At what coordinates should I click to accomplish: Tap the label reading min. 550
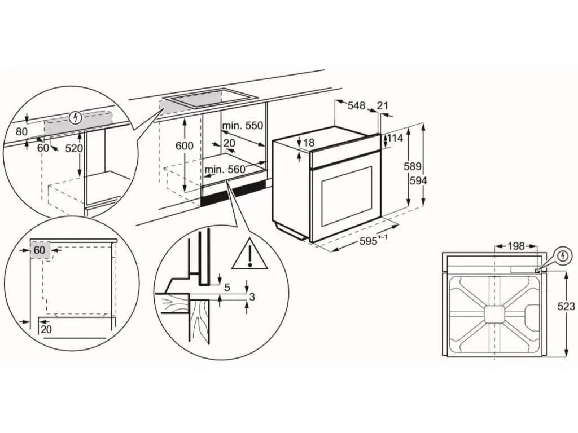pyautogui.click(x=243, y=125)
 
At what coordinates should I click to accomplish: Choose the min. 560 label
pyautogui.click(x=225, y=169)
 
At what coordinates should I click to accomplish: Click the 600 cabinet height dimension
pyautogui.click(x=184, y=145)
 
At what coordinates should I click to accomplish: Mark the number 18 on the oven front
pyautogui.click(x=309, y=143)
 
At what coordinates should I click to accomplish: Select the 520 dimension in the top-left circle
pyautogui.click(x=75, y=149)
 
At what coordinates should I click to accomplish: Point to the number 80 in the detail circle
pyautogui.click(x=21, y=131)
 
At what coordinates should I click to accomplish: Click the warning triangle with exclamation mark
pyautogui.click(x=249, y=255)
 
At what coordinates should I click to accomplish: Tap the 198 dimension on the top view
pyautogui.click(x=516, y=246)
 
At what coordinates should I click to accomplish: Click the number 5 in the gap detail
pyautogui.click(x=227, y=288)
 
